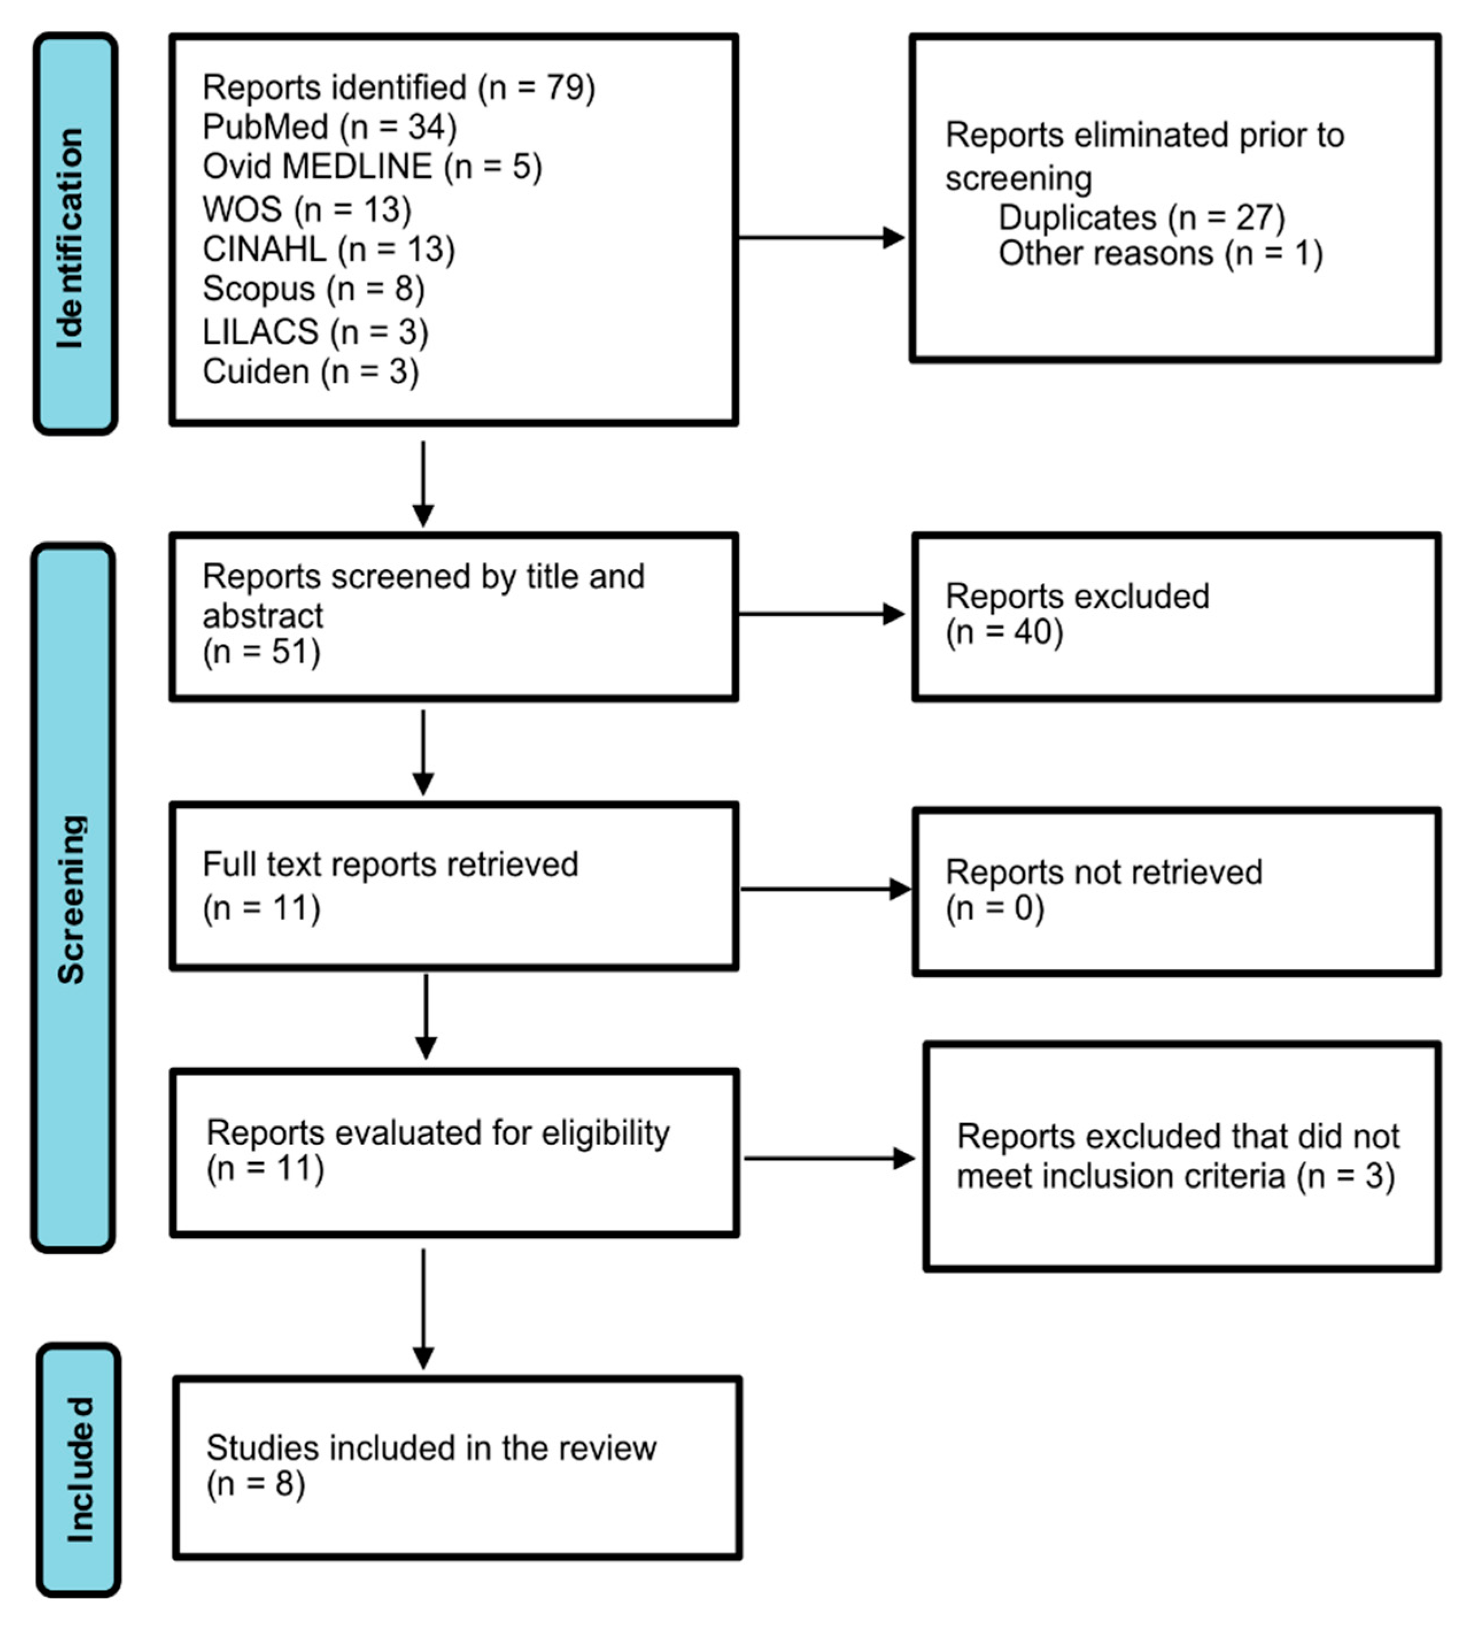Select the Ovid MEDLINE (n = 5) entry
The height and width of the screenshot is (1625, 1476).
pos(371,167)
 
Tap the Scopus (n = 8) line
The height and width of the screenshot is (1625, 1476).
pos(313,289)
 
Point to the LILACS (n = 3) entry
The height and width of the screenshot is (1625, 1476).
pos(315,331)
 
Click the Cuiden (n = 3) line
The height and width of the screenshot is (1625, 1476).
pos(311,372)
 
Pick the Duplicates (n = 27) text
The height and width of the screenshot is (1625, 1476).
pos(1141,218)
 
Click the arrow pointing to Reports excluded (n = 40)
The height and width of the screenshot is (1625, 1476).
pos(820,614)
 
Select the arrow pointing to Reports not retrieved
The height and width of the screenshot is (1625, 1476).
pos(824,889)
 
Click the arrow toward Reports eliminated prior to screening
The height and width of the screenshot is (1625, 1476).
pos(820,238)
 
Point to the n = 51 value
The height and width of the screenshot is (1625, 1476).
pos(261,652)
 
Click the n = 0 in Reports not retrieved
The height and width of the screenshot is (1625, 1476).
pos(995,908)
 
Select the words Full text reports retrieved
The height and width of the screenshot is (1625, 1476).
pos(390,865)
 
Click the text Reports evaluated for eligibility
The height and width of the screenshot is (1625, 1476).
pos(437,1133)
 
